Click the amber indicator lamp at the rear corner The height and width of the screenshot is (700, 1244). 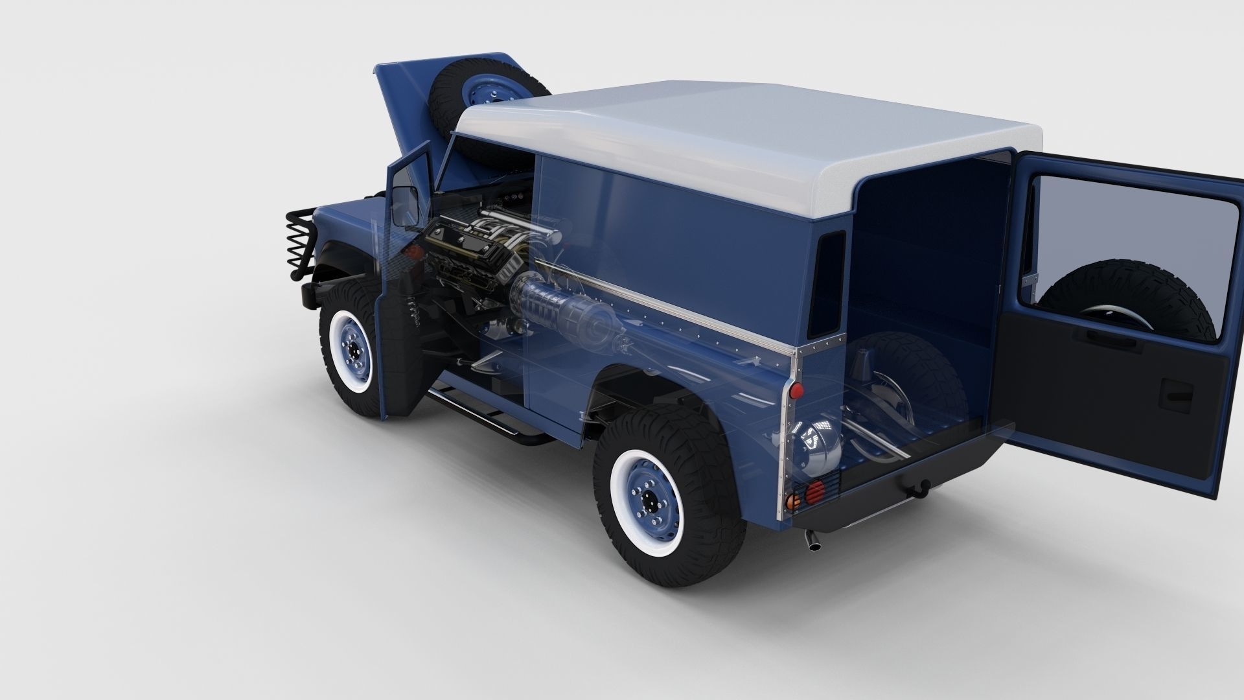tap(791, 500)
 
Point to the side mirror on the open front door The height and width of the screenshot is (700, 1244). tap(406, 207)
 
